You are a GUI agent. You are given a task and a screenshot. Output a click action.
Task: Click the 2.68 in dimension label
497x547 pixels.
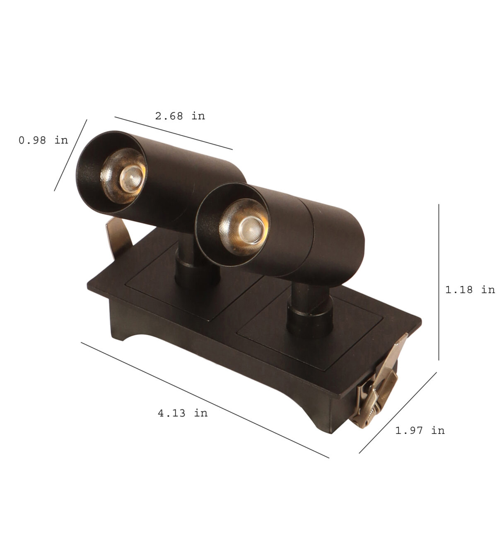[x=180, y=116]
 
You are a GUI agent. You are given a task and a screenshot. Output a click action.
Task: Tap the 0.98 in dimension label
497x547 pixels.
[x=43, y=140]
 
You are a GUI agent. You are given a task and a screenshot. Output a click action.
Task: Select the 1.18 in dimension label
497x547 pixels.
[x=470, y=289]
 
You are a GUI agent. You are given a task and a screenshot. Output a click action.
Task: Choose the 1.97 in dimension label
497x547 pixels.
[x=420, y=430]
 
